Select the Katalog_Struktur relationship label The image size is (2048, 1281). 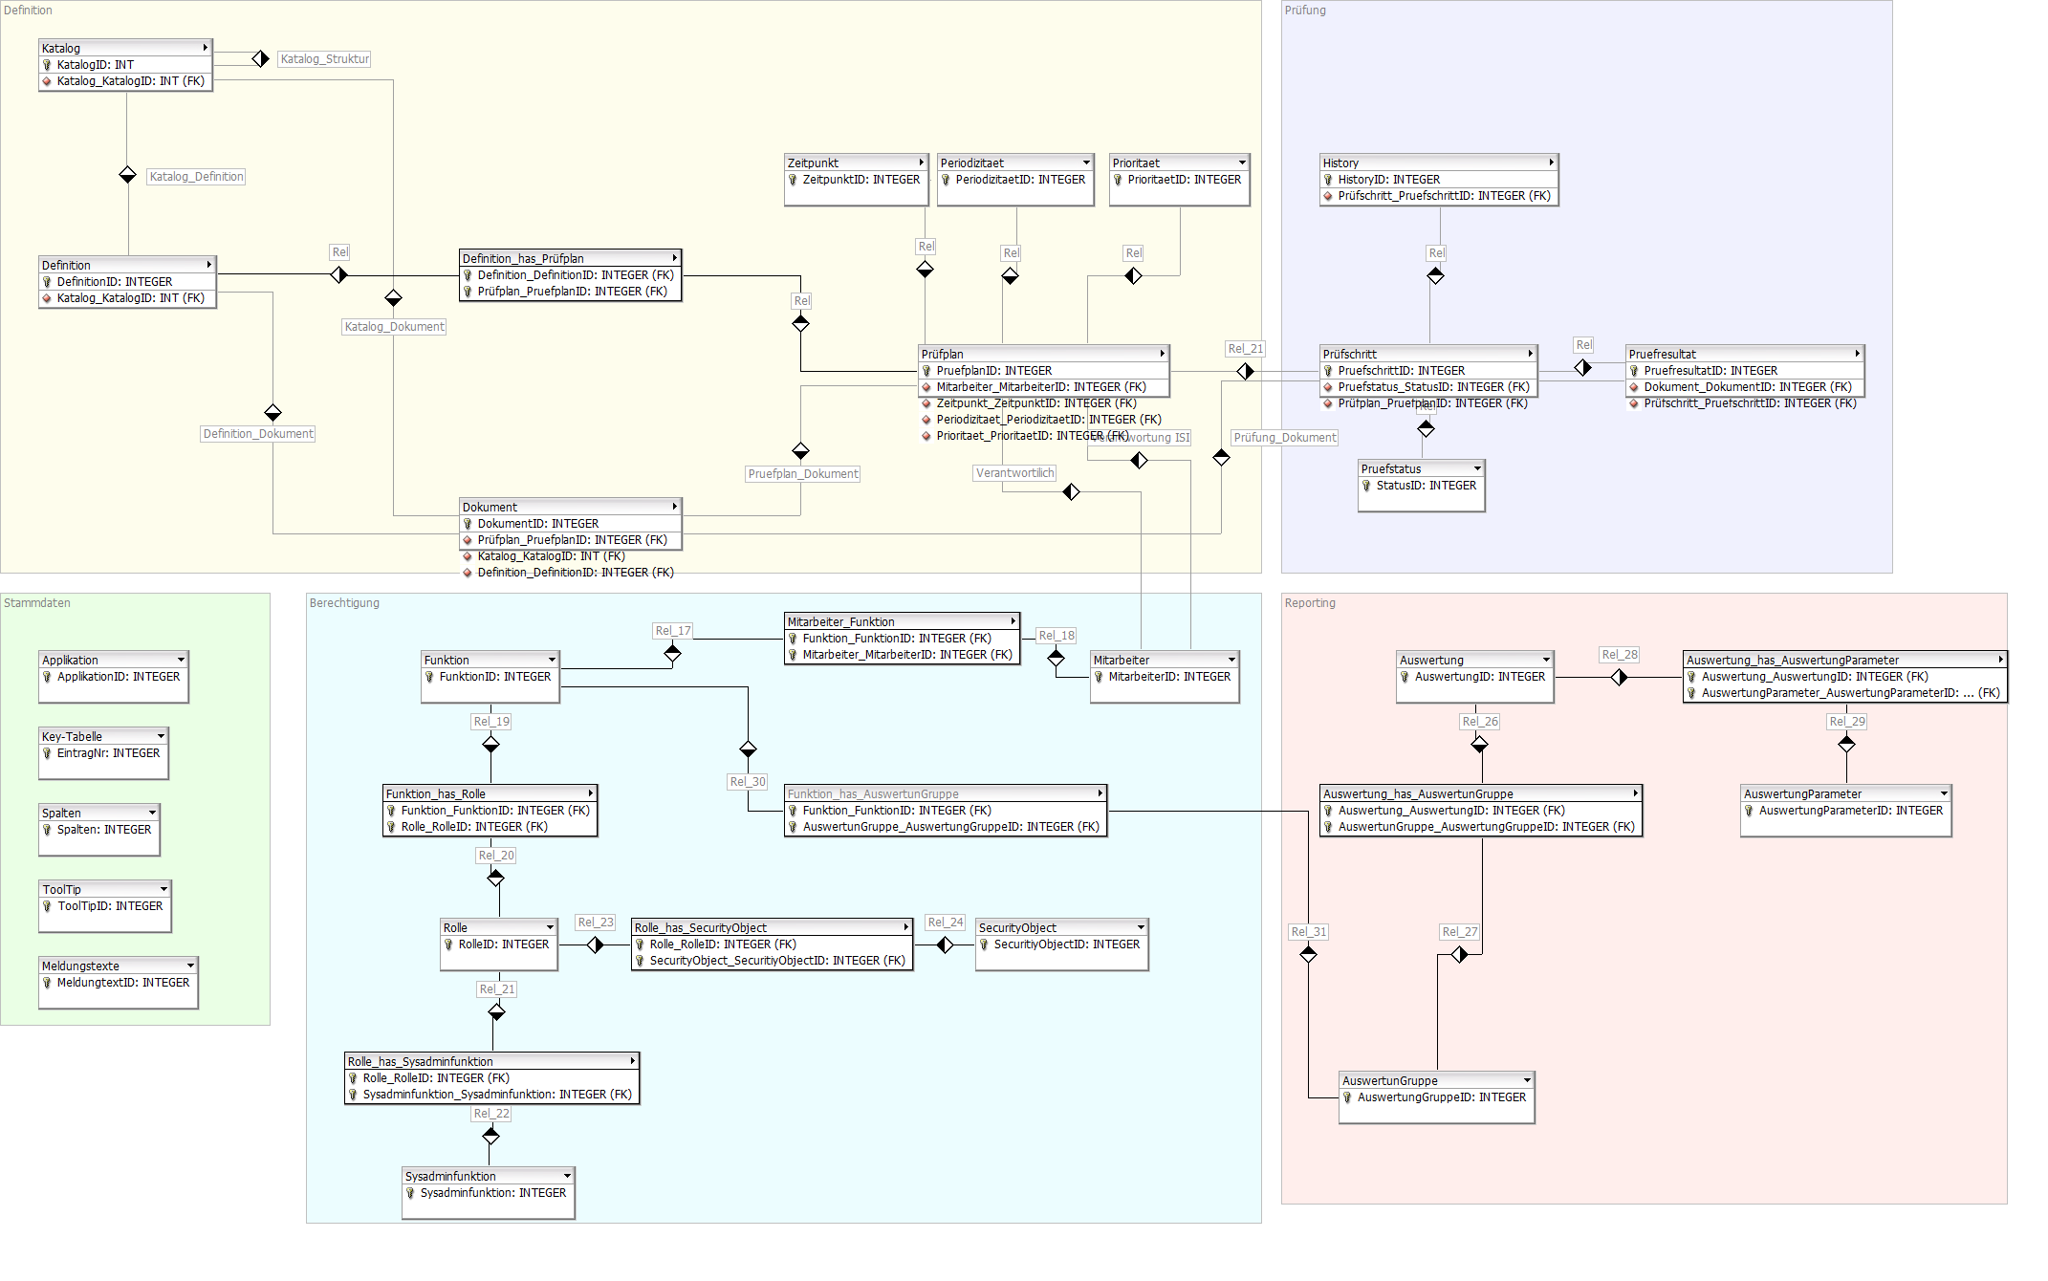click(324, 59)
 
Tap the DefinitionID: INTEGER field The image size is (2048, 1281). click(115, 282)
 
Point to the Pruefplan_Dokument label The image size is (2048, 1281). click(803, 474)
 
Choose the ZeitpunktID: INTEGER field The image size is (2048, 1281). click(861, 180)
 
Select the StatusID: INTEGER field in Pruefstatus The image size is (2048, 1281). click(1426, 486)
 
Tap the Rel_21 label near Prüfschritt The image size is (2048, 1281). click(1245, 349)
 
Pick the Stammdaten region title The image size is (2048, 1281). click(37, 603)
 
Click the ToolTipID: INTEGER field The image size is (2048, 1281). click(110, 906)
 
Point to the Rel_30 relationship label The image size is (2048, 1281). click(748, 782)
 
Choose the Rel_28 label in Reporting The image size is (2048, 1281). click(1620, 655)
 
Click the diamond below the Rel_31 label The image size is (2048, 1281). click(1309, 954)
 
